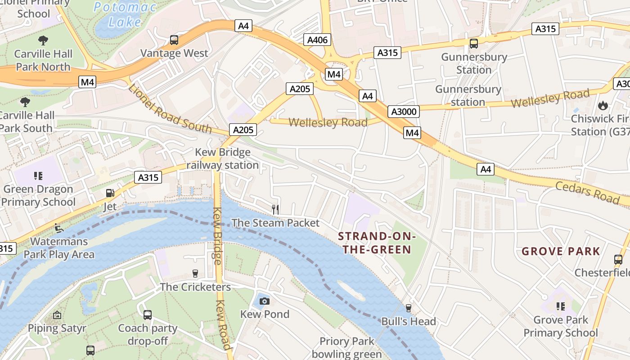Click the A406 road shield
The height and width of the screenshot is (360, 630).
tap(317, 40)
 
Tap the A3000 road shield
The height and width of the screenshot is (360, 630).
tap(403, 111)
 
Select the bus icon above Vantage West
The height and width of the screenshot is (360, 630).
tap(174, 40)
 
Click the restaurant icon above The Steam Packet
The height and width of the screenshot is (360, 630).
tap(275, 209)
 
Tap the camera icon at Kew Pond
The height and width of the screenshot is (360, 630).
tap(265, 301)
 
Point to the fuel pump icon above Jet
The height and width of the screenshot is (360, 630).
tap(109, 193)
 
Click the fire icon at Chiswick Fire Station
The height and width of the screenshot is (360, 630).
tap(603, 105)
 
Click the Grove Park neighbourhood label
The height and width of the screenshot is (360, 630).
tap(561, 251)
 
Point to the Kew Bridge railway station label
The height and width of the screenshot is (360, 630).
tap(222, 158)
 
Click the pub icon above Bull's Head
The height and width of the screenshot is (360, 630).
tap(408, 308)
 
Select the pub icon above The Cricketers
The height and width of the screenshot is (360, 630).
tap(195, 273)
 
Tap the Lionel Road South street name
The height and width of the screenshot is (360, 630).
tap(170, 108)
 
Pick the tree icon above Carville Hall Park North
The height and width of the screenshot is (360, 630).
tap(43, 40)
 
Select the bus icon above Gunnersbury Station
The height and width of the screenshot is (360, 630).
tap(473, 44)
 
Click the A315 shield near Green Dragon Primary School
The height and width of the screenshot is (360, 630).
tap(148, 177)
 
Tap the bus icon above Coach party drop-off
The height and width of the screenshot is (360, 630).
tap(147, 315)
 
